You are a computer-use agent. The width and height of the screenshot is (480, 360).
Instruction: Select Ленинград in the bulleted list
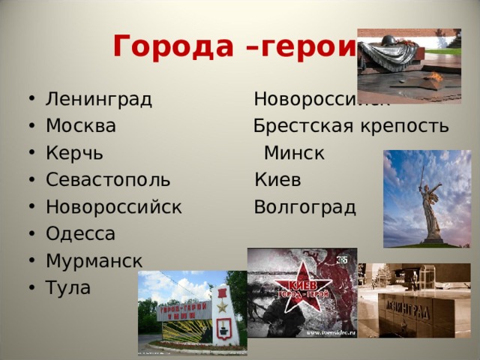tap(98, 99)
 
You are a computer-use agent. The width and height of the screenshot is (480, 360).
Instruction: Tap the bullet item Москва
tap(80, 125)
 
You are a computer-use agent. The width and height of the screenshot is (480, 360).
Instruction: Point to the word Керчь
tap(74, 153)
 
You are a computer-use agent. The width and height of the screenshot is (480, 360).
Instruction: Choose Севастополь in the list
tap(107, 180)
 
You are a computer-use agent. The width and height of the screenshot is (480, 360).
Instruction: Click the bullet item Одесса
tap(80, 234)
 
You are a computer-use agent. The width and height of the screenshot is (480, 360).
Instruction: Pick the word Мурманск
tap(94, 261)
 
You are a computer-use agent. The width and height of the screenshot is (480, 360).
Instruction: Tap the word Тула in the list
tap(68, 287)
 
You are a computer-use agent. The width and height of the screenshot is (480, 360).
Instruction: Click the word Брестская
tap(299, 125)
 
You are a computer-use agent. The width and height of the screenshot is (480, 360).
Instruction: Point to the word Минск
tap(294, 153)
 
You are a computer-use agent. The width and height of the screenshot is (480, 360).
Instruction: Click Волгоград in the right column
tap(304, 207)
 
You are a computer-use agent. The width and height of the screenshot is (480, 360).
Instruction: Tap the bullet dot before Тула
tap(31, 288)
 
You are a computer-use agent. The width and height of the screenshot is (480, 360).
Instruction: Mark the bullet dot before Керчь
tap(31, 154)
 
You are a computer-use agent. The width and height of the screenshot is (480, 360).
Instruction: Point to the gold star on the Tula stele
tap(222, 306)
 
